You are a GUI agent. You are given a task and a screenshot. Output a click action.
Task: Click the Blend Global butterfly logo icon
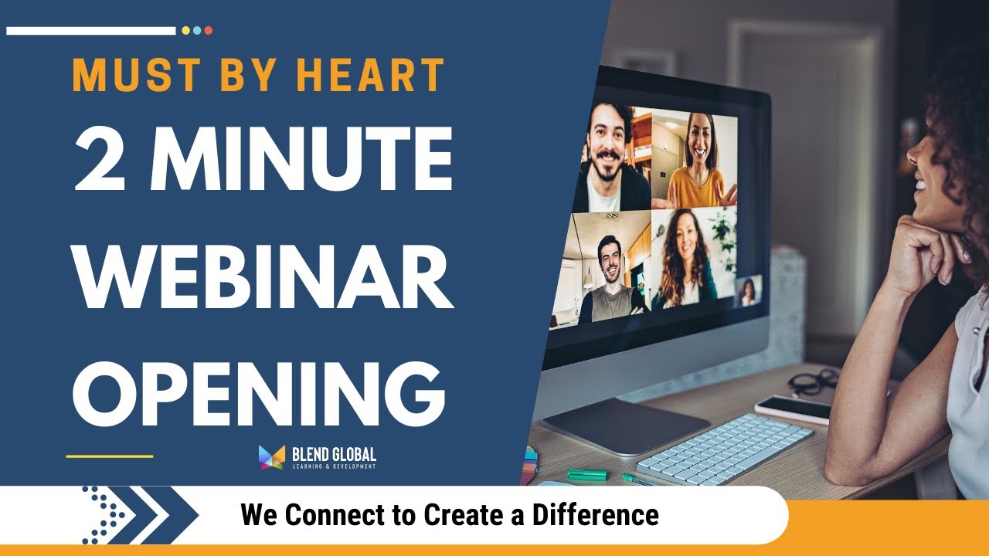[x=272, y=457]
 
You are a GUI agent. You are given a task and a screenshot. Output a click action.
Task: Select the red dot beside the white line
[x=209, y=31]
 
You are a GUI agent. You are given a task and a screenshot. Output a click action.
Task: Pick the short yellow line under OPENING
[x=109, y=456]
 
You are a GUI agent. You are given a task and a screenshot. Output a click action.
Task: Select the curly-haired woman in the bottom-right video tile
[x=684, y=263]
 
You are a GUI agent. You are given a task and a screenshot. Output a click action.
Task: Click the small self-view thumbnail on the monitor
[x=748, y=291]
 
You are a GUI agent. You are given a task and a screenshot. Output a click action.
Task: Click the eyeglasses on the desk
[x=814, y=380]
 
